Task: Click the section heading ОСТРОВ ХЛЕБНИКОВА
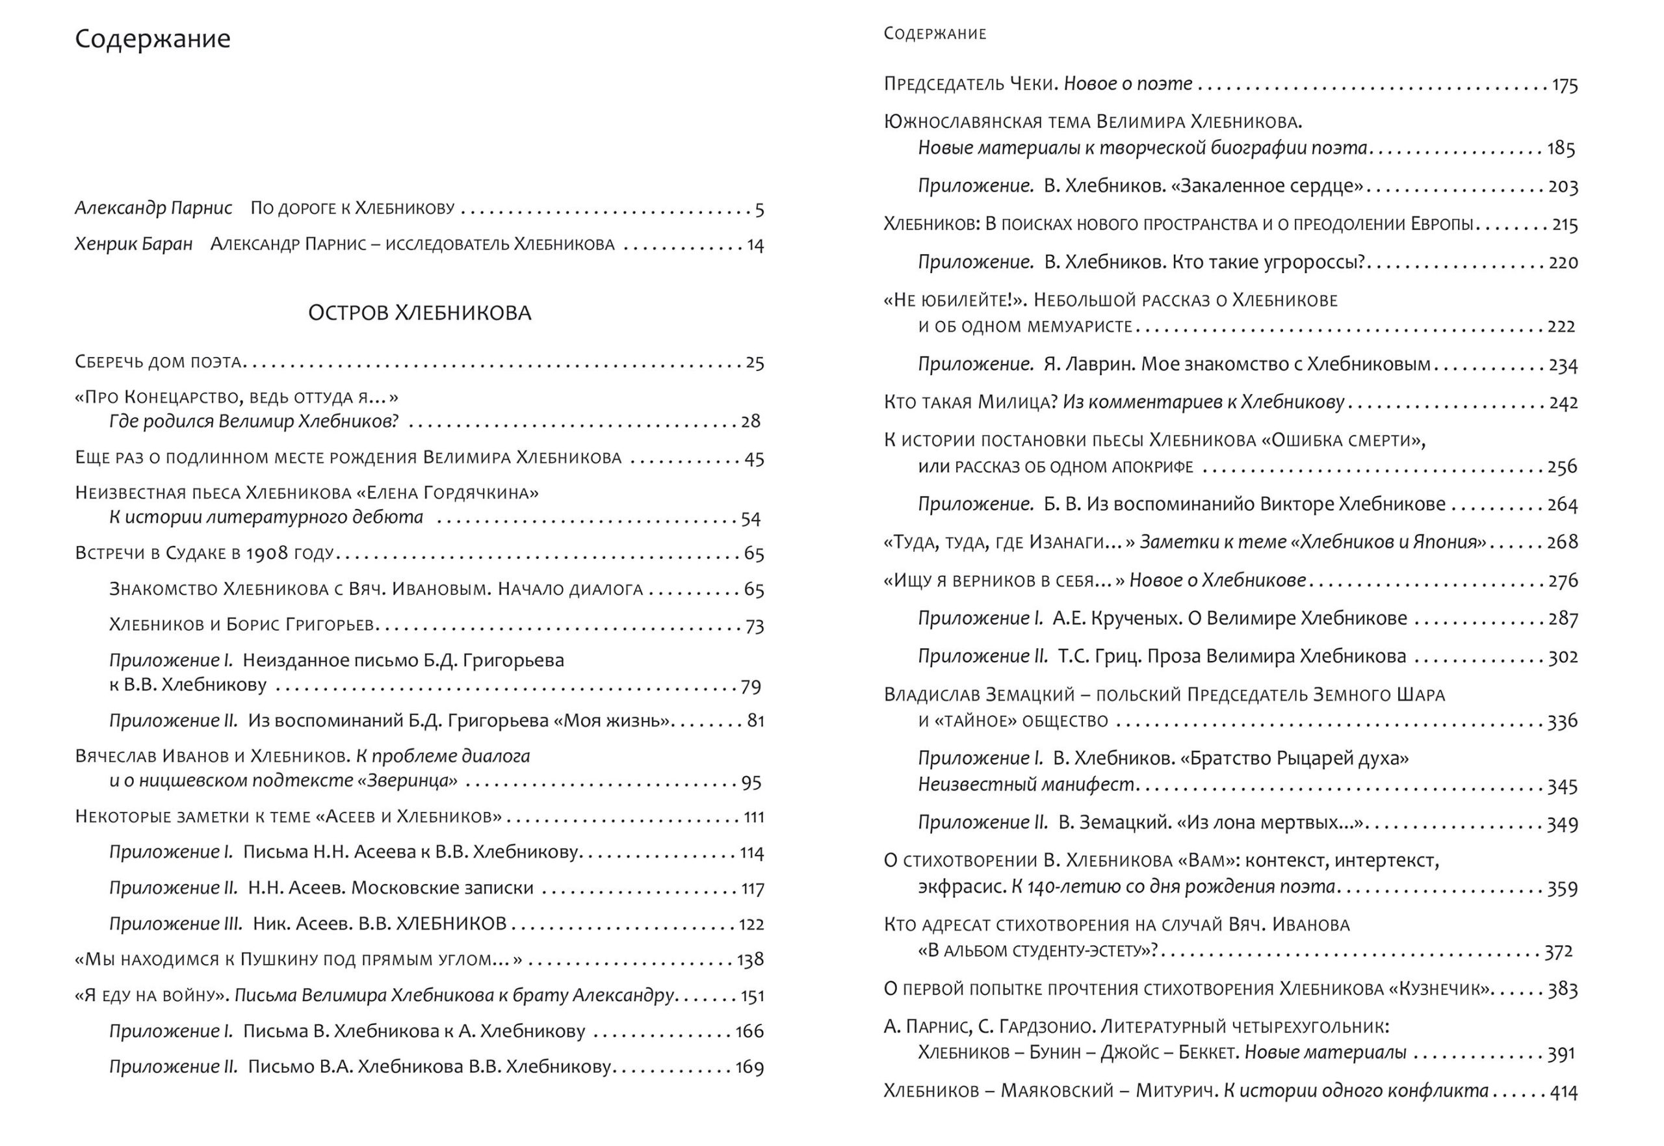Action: point(419,313)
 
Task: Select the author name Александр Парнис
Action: point(153,208)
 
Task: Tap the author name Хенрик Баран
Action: point(133,244)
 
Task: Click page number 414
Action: point(1563,1092)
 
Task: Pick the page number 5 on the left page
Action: point(759,210)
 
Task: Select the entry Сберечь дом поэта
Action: point(158,362)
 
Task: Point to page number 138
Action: point(750,960)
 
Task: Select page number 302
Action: point(1563,657)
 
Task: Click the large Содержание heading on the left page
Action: point(152,38)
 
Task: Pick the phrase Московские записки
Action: point(442,888)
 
